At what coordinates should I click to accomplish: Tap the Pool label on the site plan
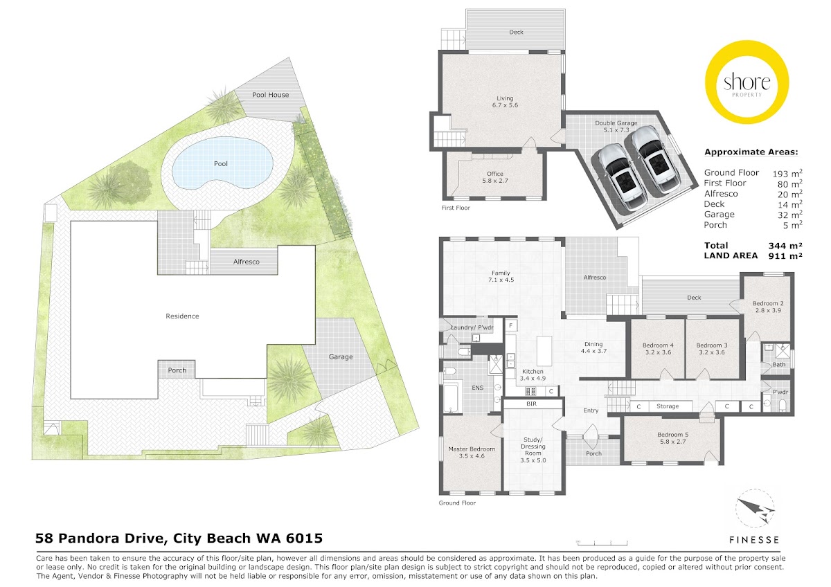tap(221, 163)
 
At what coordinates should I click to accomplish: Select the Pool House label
tap(271, 95)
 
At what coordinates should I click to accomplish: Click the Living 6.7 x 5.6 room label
tap(505, 102)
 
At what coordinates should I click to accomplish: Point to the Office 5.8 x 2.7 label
tap(495, 177)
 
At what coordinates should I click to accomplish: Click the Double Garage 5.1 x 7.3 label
tap(616, 127)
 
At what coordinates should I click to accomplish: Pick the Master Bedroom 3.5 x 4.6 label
tap(472, 453)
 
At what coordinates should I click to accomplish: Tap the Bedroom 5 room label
tap(672, 438)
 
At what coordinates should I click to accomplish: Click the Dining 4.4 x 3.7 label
tap(593, 347)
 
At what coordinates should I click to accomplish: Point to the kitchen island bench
tap(544, 351)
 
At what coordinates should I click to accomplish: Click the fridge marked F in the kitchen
tap(511, 325)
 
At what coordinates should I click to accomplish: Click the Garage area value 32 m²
tap(787, 215)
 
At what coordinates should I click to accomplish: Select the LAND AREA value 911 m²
tap(786, 255)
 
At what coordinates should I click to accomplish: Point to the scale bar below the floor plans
tap(602, 543)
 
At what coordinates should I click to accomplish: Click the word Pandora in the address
tap(111, 538)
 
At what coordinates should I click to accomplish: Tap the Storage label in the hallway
tap(668, 406)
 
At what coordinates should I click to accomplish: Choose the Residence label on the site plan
tap(182, 316)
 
